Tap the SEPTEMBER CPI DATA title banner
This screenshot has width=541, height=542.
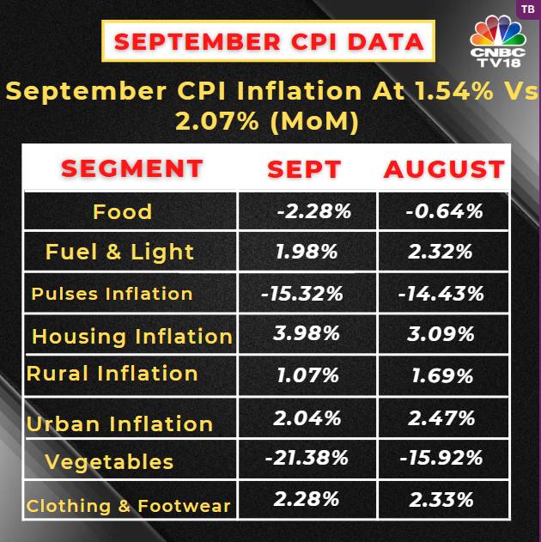269,40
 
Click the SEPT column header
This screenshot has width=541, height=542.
305,168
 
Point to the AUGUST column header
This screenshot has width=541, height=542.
443,168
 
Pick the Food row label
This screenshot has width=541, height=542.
122,211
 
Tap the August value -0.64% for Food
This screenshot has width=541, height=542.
444,211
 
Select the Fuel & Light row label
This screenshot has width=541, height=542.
119,252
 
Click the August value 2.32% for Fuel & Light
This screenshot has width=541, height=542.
441,252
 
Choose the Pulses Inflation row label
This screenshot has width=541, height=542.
112,293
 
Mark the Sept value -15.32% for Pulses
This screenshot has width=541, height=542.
301,293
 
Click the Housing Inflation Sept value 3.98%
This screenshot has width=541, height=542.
307,333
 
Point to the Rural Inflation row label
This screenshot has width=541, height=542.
112,374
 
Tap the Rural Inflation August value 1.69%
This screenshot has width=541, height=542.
441,375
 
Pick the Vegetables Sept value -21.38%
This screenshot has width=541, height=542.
306,458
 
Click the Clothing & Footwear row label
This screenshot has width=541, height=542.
128,505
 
